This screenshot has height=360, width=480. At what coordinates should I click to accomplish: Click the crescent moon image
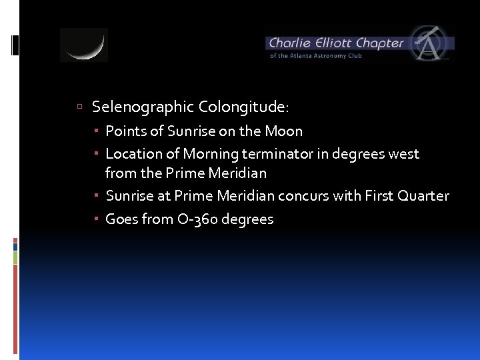pyautogui.click(x=84, y=45)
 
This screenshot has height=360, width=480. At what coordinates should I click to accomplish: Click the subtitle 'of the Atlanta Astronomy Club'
pyautogui.click(x=315, y=56)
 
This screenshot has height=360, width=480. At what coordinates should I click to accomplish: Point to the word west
pyautogui.click(x=403, y=154)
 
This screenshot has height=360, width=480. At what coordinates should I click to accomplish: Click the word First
pyautogui.click(x=378, y=196)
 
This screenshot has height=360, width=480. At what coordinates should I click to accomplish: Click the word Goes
pyautogui.click(x=122, y=219)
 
